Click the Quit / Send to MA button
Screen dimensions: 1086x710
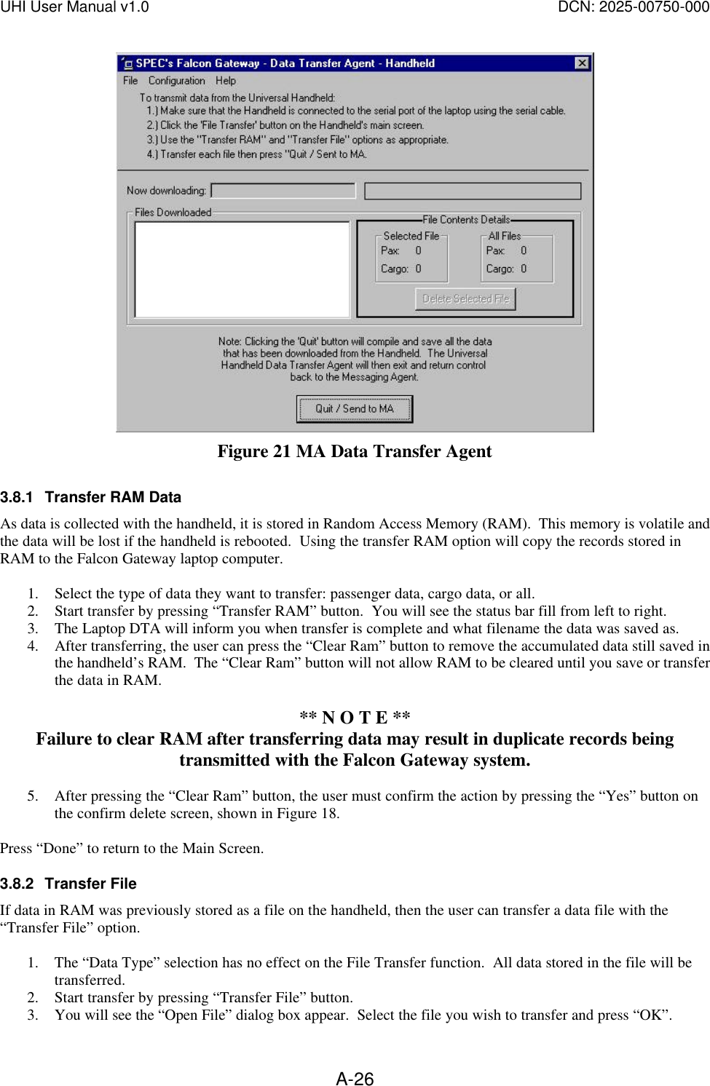354,409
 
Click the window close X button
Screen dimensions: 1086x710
581,63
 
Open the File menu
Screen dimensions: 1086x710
130,81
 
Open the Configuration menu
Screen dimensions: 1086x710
176,81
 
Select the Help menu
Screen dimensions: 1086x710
226,81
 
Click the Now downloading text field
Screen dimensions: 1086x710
283,191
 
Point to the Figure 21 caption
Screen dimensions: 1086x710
355,451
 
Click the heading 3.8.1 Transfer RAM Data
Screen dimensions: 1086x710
91,497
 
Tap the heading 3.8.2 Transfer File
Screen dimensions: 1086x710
68,884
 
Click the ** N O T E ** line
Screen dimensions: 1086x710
355,718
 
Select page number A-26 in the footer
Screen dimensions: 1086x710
355,1079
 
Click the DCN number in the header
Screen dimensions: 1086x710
634,7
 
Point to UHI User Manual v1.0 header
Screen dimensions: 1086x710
74,7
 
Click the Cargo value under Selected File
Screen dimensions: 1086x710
418,269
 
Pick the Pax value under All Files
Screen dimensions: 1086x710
524,250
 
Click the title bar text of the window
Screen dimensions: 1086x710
285,63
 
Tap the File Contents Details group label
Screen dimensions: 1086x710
466,220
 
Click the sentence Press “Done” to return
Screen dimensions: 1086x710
132,848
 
